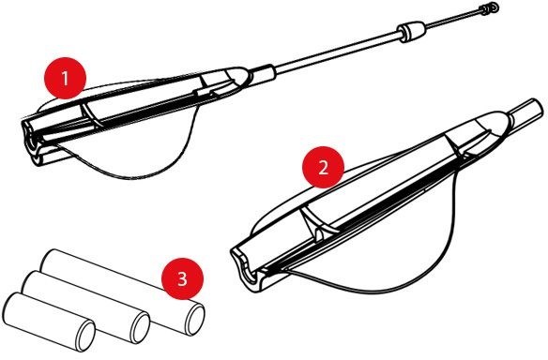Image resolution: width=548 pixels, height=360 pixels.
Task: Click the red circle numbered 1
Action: point(65,78)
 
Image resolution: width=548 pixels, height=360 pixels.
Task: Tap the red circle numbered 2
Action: point(324,167)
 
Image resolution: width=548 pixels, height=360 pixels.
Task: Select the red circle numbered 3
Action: point(182,278)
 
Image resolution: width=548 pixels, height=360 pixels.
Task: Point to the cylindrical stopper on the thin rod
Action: point(412,32)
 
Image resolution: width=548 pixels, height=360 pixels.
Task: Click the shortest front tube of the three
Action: point(49,322)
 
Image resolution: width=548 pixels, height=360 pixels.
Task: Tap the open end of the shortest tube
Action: point(85,336)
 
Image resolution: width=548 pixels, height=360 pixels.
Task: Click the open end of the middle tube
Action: point(140,328)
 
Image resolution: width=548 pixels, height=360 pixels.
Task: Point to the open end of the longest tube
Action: point(194,320)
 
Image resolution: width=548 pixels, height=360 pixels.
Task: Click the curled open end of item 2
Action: point(245,269)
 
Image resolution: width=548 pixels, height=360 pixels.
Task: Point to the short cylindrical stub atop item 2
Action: point(527,111)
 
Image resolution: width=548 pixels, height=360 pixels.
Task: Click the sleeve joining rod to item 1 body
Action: point(263,72)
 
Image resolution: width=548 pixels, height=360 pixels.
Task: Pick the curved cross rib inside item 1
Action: point(90,115)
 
